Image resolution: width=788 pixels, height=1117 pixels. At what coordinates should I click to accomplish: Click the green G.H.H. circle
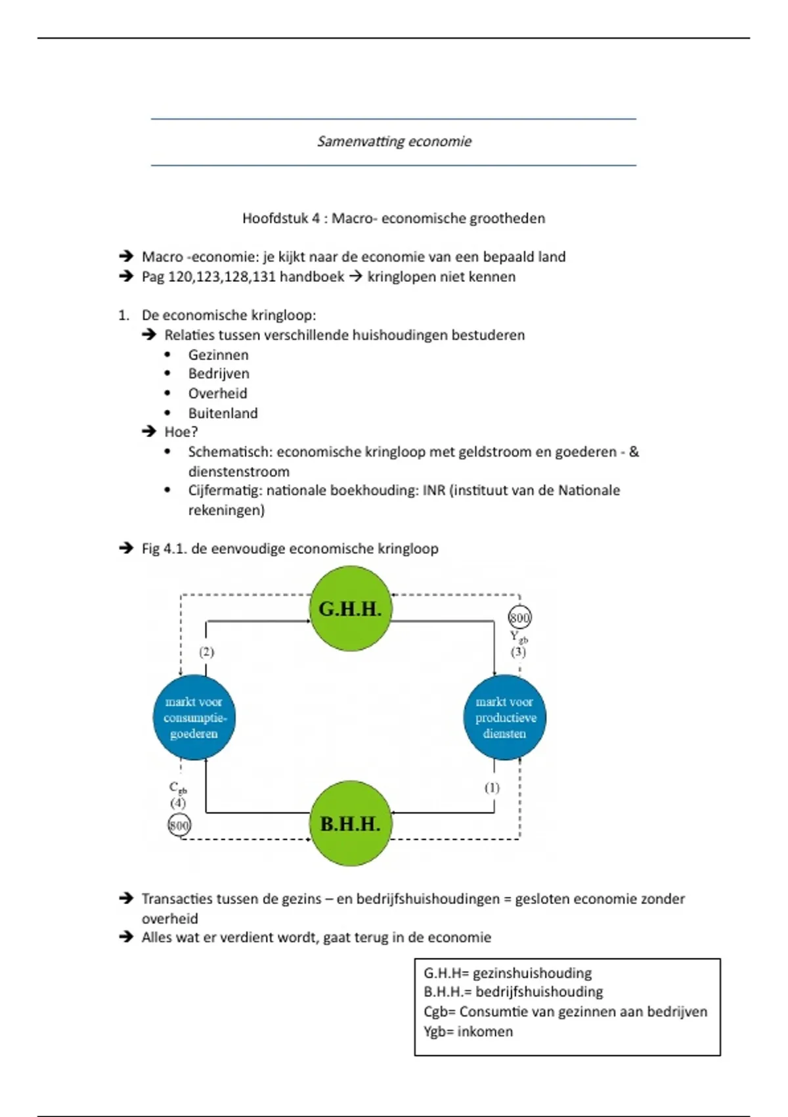[350, 609]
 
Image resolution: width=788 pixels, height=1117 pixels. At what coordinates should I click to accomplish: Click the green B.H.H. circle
[350, 824]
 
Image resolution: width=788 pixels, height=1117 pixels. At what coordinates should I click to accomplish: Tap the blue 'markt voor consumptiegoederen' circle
[194, 718]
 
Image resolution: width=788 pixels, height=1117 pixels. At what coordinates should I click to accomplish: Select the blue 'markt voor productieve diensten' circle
[505, 718]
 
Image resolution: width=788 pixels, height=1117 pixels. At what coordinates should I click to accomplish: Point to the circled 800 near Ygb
[519, 618]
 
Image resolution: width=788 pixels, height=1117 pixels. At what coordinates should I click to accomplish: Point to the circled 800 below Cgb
[179, 825]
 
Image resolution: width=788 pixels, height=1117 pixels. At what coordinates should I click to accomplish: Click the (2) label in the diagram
[207, 652]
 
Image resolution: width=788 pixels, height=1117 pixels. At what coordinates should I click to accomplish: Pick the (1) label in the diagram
[492, 787]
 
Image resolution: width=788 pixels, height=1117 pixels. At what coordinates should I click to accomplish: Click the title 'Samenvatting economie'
[394, 141]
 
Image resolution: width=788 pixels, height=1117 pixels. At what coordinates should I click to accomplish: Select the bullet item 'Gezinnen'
[218, 355]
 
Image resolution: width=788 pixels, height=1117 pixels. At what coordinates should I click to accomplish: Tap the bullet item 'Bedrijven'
[219, 374]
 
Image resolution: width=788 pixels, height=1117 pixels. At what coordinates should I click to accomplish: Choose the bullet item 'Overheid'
[217, 394]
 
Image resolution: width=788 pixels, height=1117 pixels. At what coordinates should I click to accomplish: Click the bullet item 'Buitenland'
[223, 413]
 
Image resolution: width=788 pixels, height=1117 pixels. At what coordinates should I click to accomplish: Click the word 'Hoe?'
[181, 432]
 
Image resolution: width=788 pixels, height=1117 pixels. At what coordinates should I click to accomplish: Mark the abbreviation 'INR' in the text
[434, 490]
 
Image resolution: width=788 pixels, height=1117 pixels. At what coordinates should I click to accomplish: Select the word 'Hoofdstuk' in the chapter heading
[275, 218]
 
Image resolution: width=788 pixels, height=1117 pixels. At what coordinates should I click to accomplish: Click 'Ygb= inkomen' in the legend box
[468, 1032]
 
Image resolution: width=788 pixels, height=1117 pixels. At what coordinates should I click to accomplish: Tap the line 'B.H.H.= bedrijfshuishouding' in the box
[513, 992]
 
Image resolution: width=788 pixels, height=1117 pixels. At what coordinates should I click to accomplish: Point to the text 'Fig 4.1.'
[164, 549]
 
